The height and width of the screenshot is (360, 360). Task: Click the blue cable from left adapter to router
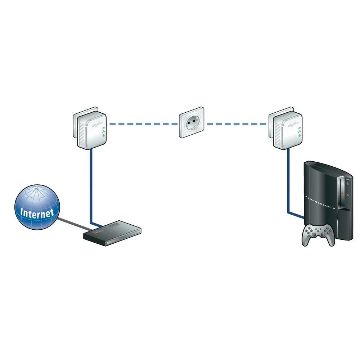(x=91, y=187)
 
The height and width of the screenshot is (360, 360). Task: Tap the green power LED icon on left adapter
(x=104, y=128)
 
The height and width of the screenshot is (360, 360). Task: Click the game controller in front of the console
(x=317, y=235)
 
